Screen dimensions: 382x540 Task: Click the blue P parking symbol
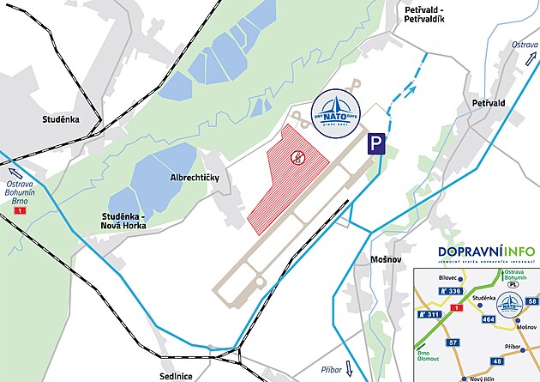pos(376,144)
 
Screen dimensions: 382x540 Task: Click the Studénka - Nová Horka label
pos(123,220)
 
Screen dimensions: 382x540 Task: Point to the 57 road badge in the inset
pos(453,343)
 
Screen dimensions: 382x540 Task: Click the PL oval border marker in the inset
pos(512,285)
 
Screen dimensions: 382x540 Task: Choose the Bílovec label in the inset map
pos(449,279)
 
